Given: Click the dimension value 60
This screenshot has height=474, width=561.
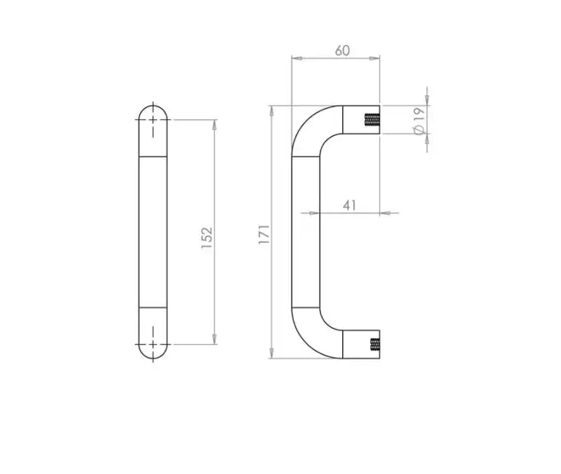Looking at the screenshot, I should (x=342, y=50).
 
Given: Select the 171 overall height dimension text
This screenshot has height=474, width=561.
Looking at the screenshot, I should (x=264, y=233).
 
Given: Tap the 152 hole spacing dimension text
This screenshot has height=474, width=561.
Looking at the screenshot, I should (x=207, y=237).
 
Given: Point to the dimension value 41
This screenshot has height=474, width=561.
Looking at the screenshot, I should (x=349, y=205).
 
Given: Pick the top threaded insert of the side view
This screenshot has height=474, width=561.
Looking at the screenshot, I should (x=371, y=122).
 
